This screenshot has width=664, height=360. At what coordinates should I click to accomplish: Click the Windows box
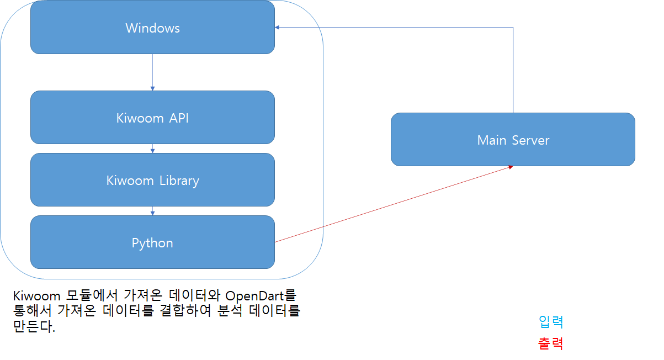click(x=152, y=28)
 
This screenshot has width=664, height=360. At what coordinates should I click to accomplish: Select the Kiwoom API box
click(x=152, y=118)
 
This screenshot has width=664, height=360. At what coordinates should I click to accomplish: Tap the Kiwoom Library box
click(x=152, y=181)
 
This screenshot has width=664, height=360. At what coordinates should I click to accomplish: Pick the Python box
click(x=152, y=243)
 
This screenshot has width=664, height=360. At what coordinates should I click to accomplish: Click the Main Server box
click(x=513, y=140)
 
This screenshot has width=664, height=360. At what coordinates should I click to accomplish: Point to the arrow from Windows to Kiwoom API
click(x=152, y=72)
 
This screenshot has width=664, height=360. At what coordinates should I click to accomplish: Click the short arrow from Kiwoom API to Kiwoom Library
click(x=152, y=149)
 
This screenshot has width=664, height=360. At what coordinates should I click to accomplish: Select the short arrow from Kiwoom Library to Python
click(x=152, y=211)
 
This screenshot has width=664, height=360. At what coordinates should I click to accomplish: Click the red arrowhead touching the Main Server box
click(x=511, y=167)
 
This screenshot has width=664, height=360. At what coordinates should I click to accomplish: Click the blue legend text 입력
click(x=550, y=321)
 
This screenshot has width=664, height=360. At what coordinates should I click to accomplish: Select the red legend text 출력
click(x=550, y=343)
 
